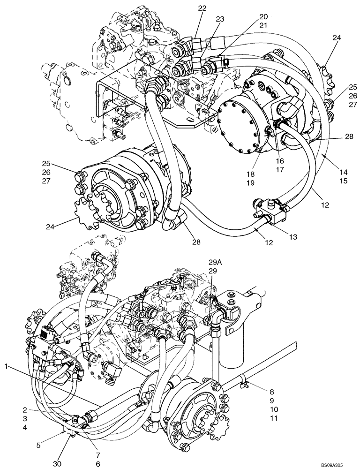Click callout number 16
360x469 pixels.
[281, 161]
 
